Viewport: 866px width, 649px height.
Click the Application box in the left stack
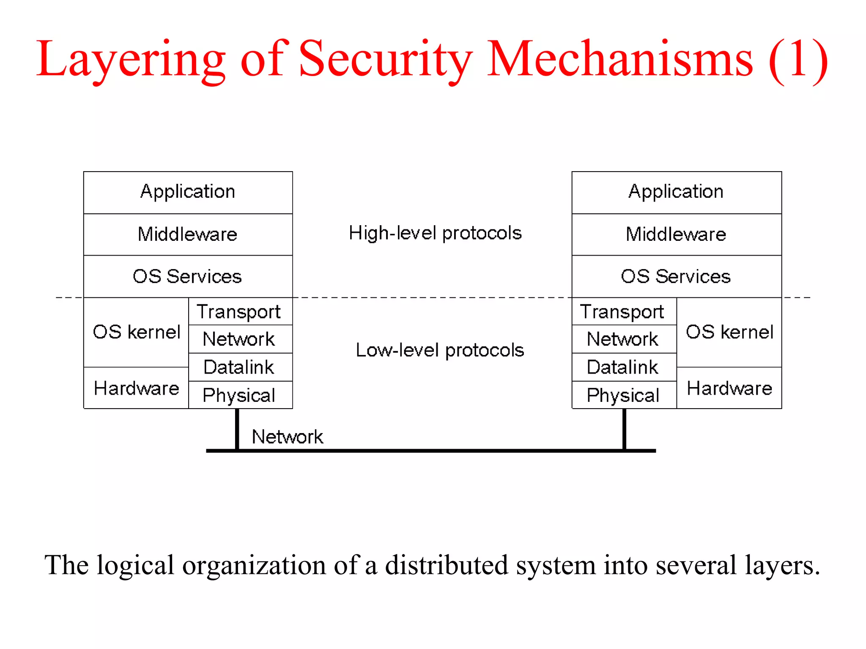[188, 192]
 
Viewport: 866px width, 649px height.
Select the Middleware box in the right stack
[676, 235]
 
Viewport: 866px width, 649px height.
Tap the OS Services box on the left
[188, 277]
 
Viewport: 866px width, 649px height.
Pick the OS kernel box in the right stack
[729, 332]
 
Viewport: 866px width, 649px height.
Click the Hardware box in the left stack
[136, 388]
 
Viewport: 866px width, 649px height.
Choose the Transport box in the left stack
[240, 312]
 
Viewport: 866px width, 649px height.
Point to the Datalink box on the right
[623, 367]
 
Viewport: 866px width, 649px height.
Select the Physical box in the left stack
[240, 395]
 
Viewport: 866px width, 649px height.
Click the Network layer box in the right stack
[623, 339]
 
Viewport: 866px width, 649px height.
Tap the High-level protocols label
[435, 233]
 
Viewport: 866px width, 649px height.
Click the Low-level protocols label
[440, 350]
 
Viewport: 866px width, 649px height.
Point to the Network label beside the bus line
[287, 437]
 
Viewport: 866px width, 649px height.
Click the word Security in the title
[386, 59]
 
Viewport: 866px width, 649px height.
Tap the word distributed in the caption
[446, 565]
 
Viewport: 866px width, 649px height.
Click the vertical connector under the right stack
[624, 429]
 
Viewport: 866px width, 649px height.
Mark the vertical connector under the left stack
[237, 429]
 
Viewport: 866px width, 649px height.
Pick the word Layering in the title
[131, 59]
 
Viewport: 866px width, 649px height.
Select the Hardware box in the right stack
[729, 388]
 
